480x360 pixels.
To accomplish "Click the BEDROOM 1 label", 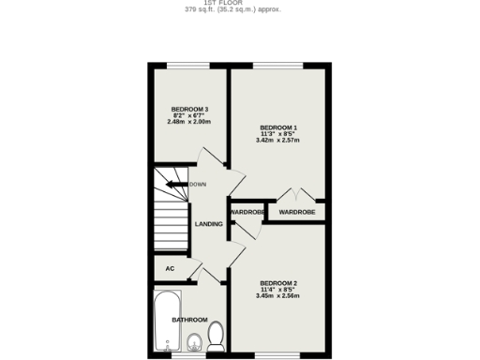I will coord(278,127).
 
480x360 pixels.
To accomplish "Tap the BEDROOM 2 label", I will coord(278,283).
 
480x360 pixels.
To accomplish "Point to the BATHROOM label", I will coord(189,320).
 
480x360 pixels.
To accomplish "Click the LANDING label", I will coord(208,224).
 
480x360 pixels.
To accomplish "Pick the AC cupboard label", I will coord(170,268).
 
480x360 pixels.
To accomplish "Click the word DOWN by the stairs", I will coord(198,185).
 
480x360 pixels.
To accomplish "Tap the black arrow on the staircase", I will coord(174,185).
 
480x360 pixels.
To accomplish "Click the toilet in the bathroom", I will coord(217,335).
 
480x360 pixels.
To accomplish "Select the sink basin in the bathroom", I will coord(193,341).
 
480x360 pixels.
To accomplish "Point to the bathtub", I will coord(165,319).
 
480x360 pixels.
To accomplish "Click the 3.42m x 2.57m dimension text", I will coord(278,141).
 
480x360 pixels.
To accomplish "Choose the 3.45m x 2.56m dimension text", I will coord(278,296).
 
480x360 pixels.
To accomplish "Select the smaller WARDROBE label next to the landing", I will coord(247,212).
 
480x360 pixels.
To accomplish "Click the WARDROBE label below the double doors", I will coord(297,212).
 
